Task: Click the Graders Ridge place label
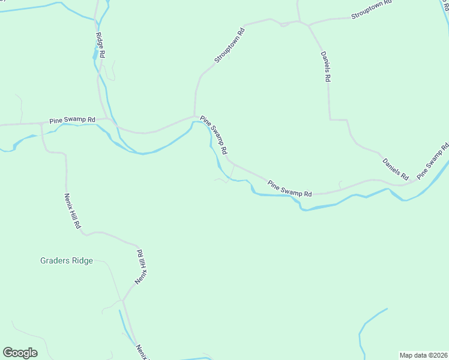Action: tap(67, 260)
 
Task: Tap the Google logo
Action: tap(20, 353)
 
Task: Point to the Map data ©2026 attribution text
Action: tap(423, 355)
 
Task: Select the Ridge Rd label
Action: tap(101, 44)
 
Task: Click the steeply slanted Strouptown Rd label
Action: tap(231, 46)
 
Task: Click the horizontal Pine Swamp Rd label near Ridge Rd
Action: tap(73, 120)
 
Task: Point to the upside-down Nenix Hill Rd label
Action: tap(140, 268)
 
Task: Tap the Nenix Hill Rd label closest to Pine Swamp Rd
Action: tap(73, 212)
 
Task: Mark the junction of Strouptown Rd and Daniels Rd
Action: tap(308, 25)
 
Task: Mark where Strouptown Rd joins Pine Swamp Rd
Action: tap(194, 116)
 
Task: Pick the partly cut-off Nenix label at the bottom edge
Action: tap(142, 352)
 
